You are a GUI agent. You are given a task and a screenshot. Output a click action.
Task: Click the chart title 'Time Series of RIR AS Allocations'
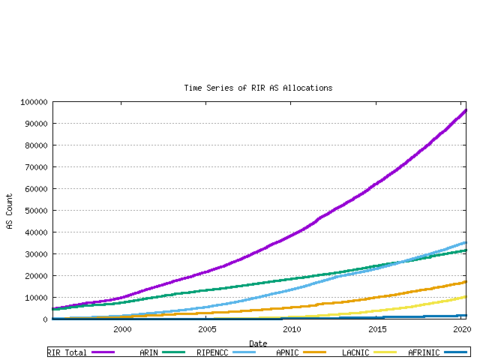pyautogui.click(x=258, y=88)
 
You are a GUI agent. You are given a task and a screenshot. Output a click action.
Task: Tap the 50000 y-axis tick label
pyautogui.click(x=35, y=211)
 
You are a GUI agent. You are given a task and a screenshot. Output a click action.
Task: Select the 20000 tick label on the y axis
pyautogui.click(x=35, y=276)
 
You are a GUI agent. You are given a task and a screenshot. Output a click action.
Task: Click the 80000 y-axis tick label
pyautogui.click(x=35, y=145)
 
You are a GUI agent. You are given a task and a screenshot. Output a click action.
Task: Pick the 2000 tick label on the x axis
pyautogui.click(x=122, y=328)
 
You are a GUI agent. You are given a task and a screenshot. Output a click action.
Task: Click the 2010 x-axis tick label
pyautogui.click(x=292, y=328)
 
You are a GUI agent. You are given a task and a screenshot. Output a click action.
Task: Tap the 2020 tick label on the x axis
pyautogui.click(x=462, y=328)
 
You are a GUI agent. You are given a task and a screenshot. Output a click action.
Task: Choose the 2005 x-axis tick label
pyautogui.click(x=207, y=328)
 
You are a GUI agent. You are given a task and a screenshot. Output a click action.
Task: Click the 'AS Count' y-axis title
pyautogui.click(x=10, y=211)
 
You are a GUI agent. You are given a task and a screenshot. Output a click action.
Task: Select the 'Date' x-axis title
pyautogui.click(x=258, y=343)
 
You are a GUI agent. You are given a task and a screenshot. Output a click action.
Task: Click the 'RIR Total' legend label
pyautogui.click(x=67, y=352)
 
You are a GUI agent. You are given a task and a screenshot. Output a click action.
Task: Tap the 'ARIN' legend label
pyautogui.click(x=148, y=352)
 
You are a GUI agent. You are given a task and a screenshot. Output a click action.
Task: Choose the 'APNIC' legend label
pyautogui.click(x=289, y=352)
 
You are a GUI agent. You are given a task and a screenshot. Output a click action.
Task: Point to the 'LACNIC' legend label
pyautogui.click(x=355, y=352)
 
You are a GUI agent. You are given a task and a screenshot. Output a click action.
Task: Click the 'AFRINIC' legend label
pyautogui.click(x=424, y=352)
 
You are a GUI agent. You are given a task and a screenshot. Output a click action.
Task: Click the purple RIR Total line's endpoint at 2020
pyautogui.click(x=466, y=110)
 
